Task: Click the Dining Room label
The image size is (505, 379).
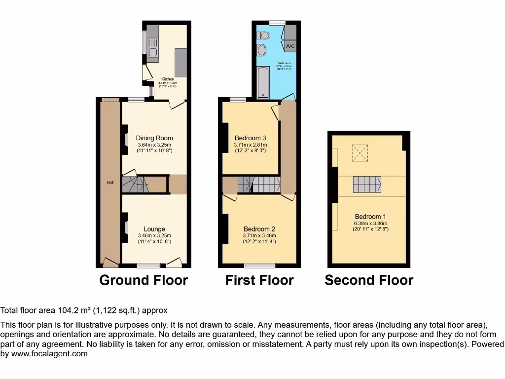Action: tap(155, 138)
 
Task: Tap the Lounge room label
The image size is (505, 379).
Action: tap(154, 229)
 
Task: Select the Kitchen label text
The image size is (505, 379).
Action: tap(168, 79)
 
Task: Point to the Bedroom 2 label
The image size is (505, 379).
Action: tap(259, 229)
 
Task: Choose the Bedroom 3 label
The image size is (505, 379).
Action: tap(250, 138)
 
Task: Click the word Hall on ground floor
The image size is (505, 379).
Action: tap(110, 183)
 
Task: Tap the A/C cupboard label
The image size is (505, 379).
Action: tap(290, 46)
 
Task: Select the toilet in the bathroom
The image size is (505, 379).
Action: tap(264, 36)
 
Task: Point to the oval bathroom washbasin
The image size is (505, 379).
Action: tap(261, 50)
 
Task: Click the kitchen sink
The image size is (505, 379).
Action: tap(152, 52)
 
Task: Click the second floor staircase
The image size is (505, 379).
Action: tap(367, 185)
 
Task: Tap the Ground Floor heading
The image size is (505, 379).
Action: tap(144, 280)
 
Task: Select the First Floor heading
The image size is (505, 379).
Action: tap(259, 280)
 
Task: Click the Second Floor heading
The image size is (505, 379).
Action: tap(369, 280)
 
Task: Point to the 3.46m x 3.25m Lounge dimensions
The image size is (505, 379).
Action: tap(154, 236)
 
